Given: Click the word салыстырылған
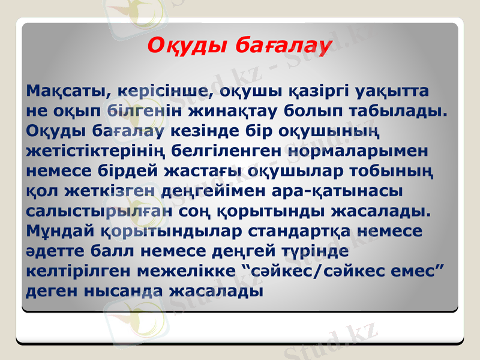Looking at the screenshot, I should pyautogui.click(x=98, y=211).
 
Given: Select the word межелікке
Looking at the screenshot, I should pyautogui.click(x=186, y=271).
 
